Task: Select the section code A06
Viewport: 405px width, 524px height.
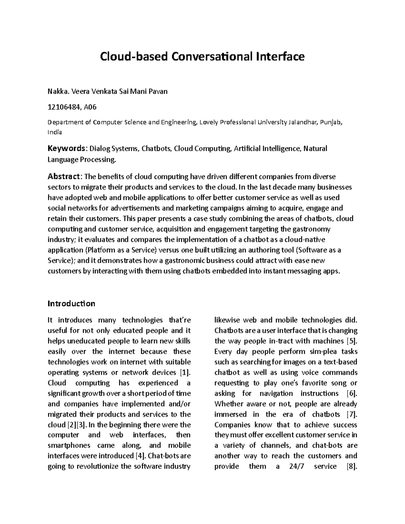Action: click(x=90, y=107)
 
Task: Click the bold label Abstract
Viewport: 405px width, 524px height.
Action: click(x=64, y=176)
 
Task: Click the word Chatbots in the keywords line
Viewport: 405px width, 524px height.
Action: click(x=157, y=149)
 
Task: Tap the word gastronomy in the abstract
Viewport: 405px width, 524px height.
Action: click(x=311, y=229)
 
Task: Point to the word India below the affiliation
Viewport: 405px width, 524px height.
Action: click(x=55, y=132)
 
